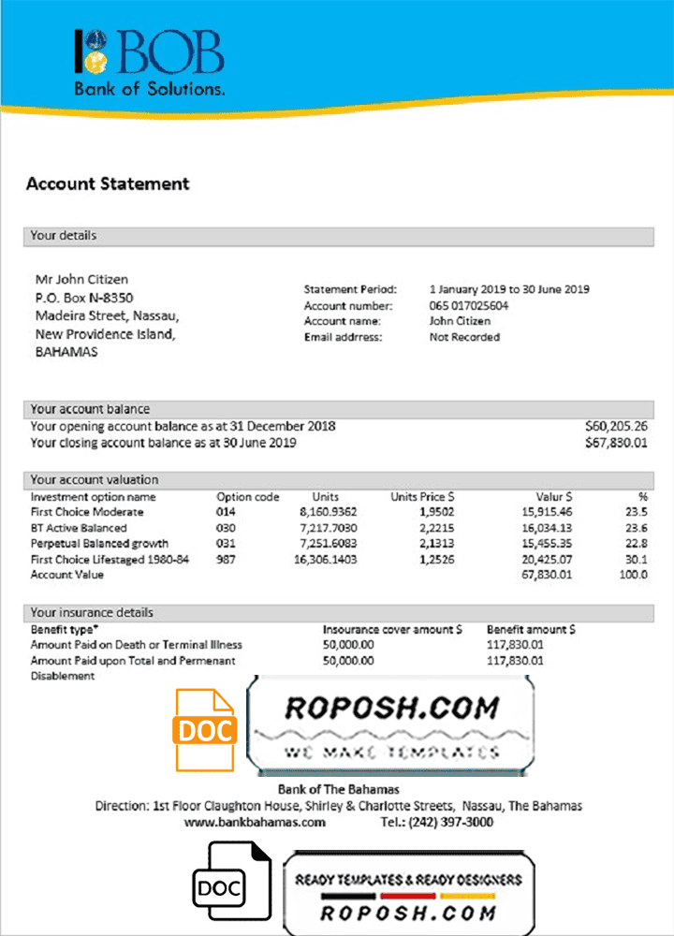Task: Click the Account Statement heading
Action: click(x=108, y=184)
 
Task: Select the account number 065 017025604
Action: click(x=469, y=306)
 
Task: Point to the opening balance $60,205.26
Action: click(x=616, y=427)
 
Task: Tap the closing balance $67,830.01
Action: click(x=616, y=443)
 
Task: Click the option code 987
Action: click(x=227, y=559)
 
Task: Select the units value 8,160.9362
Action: click(x=328, y=513)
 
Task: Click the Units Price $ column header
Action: click(x=422, y=497)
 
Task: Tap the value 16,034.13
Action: click(x=547, y=528)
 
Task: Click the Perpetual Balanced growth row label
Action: click(x=99, y=544)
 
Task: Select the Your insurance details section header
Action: click(x=92, y=612)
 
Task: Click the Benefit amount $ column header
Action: click(x=531, y=630)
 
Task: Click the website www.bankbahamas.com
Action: click(x=255, y=823)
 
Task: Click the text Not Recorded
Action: click(x=464, y=337)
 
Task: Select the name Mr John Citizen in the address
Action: click(x=81, y=280)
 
